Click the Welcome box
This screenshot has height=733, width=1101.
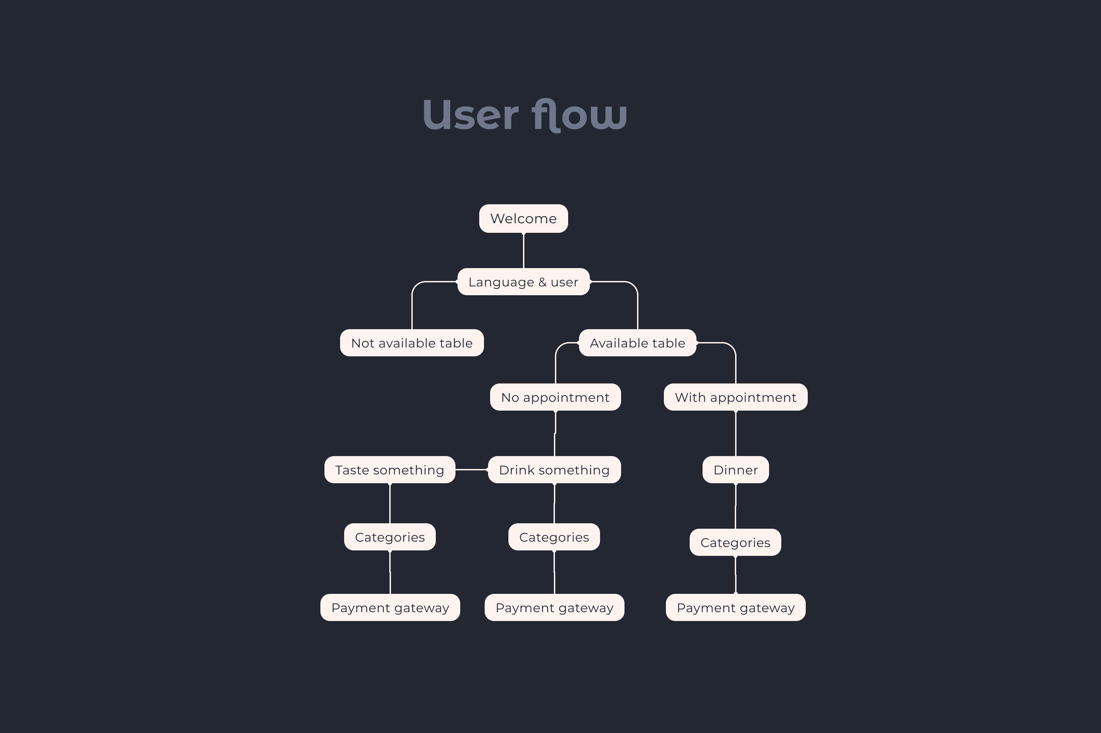tap(523, 218)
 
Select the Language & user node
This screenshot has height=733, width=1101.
tap(523, 282)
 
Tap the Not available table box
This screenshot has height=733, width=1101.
tap(411, 343)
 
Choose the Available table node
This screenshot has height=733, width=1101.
tap(637, 343)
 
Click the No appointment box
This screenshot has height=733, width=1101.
tap(555, 397)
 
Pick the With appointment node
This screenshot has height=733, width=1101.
tap(735, 397)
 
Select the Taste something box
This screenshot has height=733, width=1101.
tap(389, 470)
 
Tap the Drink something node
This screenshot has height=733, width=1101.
tap(554, 470)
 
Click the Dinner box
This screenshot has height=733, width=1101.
tap(735, 470)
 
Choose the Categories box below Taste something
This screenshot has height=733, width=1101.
tap(389, 537)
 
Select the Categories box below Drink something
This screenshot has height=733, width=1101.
tap(554, 537)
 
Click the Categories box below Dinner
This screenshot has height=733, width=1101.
tap(735, 543)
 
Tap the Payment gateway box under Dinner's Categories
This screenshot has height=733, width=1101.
tap(735, 608)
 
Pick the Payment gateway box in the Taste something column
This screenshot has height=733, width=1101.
tap(390, 608)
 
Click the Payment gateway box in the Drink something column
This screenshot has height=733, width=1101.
tap(554, 608)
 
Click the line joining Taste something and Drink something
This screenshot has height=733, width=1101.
tap(471, 469)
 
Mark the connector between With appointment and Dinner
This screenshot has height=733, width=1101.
tap(736, 433)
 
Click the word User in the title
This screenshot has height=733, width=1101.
tap(470, 115)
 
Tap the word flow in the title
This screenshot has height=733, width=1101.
tap(579, 115)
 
